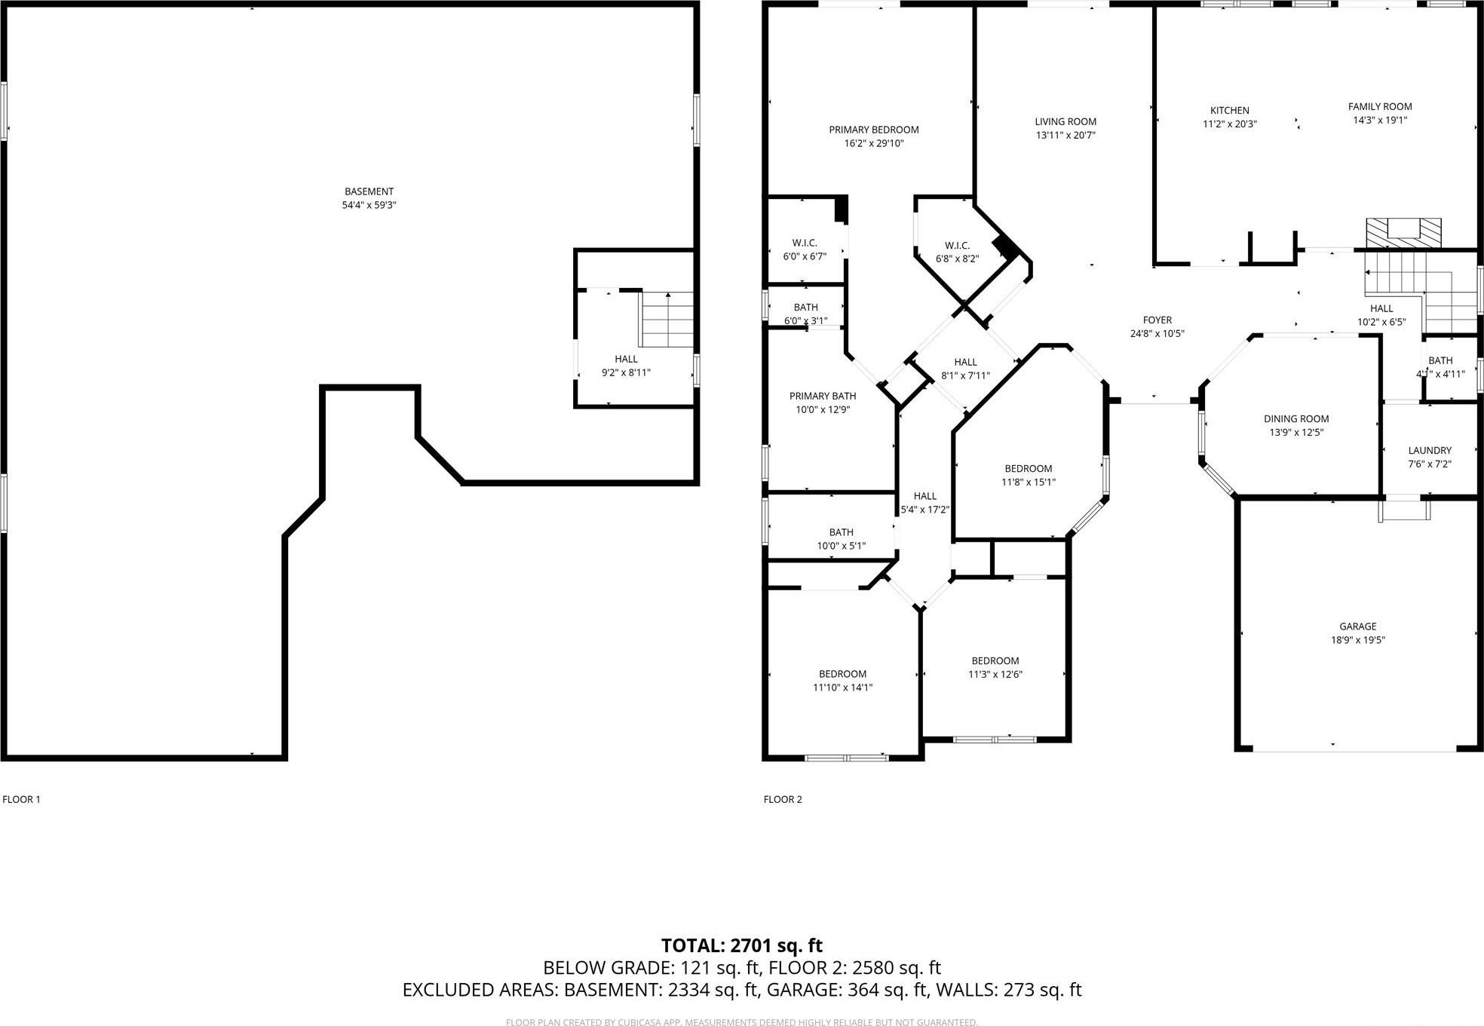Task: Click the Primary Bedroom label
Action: tap(873, 130)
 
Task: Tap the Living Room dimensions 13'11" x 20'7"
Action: tap(1065, 136)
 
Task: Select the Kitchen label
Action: tap(1229, 110)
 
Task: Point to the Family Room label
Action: tap(1379, 106)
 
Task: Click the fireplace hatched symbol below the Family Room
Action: tap(1403, 234)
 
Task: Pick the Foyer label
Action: tap(1157, 320)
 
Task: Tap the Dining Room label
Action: tap(1295, 418)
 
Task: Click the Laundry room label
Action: tap(1429, 450)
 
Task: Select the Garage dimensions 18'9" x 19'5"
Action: tap(1357, 640)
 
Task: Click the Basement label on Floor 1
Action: tap(369, 191)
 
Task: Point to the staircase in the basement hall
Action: tap(667, 320)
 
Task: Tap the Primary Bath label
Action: tap(822, 396)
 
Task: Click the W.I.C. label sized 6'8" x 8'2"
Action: tap(956, 245)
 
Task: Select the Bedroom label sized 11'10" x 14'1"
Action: tap(842, 674)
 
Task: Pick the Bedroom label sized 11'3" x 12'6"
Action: tap(995, 660)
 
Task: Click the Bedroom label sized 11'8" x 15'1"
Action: tap(1028, 468)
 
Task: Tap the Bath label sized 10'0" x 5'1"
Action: tap(841, 532)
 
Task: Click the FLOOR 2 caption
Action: tap(782, 799)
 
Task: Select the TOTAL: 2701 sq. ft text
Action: tap(741, 945)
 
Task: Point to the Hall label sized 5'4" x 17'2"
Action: tap(924, 495)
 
